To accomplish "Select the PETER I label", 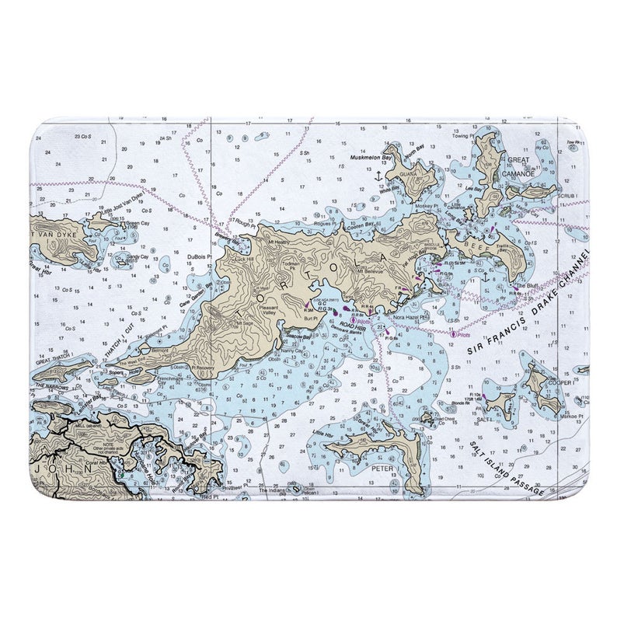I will click(383, 470).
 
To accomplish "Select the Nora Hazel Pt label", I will click(410, 318).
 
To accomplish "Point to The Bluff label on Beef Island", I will click(527, 286).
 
